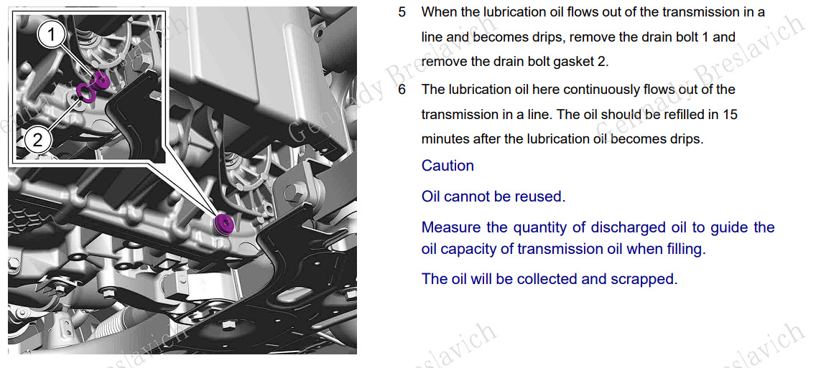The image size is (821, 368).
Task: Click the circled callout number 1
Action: [x=51, y=36]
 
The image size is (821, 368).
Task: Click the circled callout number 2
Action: [x=37, y=139]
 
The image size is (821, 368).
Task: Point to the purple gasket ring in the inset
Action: [x=85, y=92]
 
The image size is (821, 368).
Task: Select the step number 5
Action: [x=402, y=11]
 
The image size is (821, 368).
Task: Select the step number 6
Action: [x=402, y=90]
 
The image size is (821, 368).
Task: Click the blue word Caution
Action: [x=447, y=166]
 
